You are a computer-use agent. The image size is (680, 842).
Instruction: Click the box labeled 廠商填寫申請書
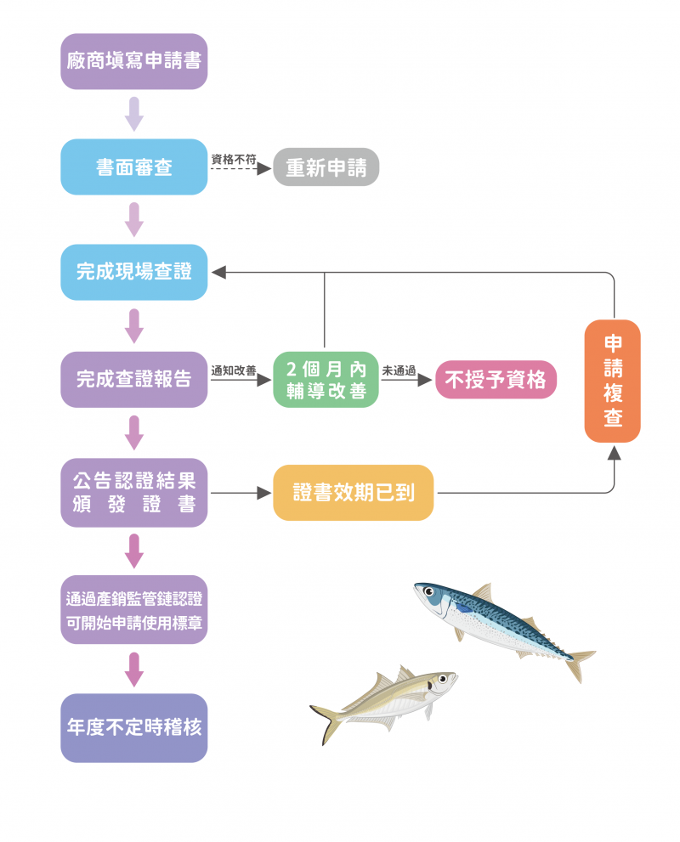[x=134, y=61]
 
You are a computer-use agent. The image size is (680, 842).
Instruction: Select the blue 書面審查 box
[x=134, y=167]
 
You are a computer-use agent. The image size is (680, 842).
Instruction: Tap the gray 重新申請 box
[x=326, y=167]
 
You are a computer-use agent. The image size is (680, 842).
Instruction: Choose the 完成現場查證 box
[x=134, y=273]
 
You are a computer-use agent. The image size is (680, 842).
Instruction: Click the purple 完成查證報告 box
[x=134, y=379]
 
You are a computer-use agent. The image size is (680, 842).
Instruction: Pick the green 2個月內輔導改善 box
[x=326, y=379]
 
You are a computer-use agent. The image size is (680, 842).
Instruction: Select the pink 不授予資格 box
[x=496, y=380]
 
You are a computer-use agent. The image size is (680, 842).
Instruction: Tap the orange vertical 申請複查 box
[x=612, y=381]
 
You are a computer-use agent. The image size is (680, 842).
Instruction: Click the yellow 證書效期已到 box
[x=353, y=493]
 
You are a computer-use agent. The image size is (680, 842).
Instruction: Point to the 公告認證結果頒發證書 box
[x=134, y=493]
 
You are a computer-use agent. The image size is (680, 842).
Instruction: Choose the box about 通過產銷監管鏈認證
[x=134, y=609]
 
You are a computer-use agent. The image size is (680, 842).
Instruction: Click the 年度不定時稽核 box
[x=134, y=727]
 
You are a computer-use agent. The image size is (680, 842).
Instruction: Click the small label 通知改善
[x=233, y=370]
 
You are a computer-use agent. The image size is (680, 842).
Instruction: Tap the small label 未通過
[x=399, y=370]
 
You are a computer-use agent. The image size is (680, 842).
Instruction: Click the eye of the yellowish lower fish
[x=441, y=679]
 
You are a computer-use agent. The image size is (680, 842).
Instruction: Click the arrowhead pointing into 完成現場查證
[x=218, y=273]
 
